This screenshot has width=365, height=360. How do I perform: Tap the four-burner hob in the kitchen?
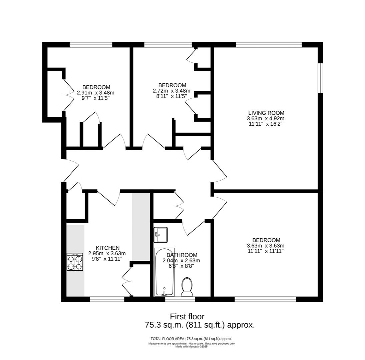click(75, 262)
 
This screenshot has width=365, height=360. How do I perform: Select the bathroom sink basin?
click(160, 235)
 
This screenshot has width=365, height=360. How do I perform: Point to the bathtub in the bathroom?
click(164, 272)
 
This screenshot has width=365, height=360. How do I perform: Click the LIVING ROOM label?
click(266, 113)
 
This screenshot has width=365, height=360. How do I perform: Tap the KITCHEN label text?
click(107, 248)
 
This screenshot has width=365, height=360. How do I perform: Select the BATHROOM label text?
click(182, 255)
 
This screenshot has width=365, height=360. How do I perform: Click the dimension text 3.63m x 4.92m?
click(266, 118)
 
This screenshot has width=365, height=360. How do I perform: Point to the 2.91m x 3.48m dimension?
click(96, 93)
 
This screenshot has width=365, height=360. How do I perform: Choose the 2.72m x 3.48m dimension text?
click(171, 90)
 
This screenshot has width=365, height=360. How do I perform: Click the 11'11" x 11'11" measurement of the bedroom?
click(266, 251)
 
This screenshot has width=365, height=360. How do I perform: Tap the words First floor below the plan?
click(187, 317)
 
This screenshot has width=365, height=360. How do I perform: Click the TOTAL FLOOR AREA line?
click(192, 339)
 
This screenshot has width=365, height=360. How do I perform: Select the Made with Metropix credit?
click(192, 347)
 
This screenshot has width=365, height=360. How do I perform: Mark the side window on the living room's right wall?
click(321, 78)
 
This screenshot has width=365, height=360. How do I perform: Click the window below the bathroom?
click(180, 299)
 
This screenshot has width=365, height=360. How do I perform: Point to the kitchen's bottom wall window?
click(107, 299)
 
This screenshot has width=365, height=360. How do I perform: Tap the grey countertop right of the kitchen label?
click(141, 227)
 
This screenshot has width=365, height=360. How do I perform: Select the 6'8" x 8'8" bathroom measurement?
click(181, 266)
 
